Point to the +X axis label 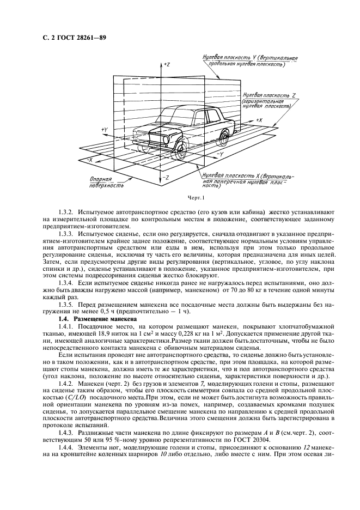[259, 119]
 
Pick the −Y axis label [219, 155]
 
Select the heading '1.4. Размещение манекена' [93, 318]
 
